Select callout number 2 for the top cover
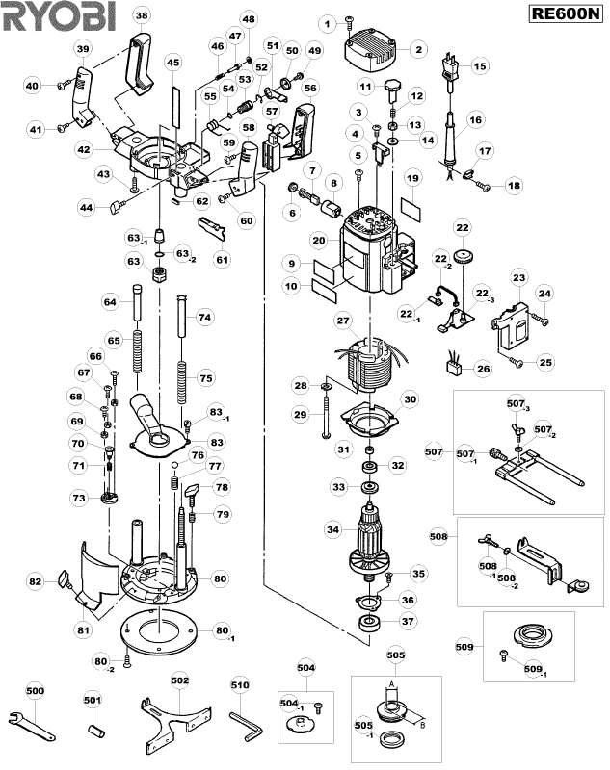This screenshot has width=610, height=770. pos(418,49)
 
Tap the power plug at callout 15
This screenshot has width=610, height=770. pos(450,65)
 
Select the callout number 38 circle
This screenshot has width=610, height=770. pos(142,15)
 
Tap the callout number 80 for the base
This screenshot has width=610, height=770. pos(221,578)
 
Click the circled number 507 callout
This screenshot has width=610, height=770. pos(435,450)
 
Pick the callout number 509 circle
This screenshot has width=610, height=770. pos(466,648)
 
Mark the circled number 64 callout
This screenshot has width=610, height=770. pos(109,302)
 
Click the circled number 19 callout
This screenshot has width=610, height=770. pos(411,179)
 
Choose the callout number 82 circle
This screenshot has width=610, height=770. pos(36,581)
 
